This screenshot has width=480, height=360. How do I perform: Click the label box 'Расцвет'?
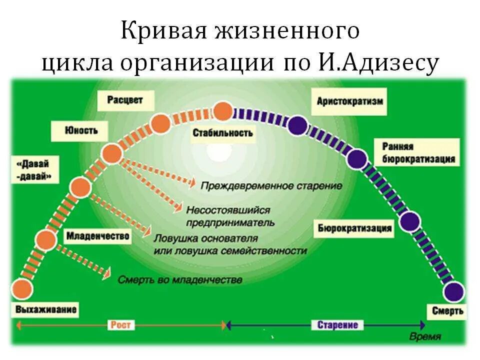coord(125,100)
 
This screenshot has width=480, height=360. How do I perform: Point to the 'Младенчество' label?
coord(97,235)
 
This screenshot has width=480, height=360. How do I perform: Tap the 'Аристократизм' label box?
coord(350,101)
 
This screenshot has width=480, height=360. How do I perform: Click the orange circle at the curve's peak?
coord(223,111)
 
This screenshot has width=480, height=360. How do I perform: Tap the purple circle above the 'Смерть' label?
coord(453,291)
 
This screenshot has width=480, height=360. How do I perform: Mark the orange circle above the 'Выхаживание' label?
coord(21,288)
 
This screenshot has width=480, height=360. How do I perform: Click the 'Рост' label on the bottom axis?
coord(120,325)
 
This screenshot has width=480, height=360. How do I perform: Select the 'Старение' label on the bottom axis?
coord(337,325)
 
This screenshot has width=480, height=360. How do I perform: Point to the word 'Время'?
coord(425,337)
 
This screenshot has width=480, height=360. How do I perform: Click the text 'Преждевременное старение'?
coord(271,186)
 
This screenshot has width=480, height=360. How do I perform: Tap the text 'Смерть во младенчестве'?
coord(180,280)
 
